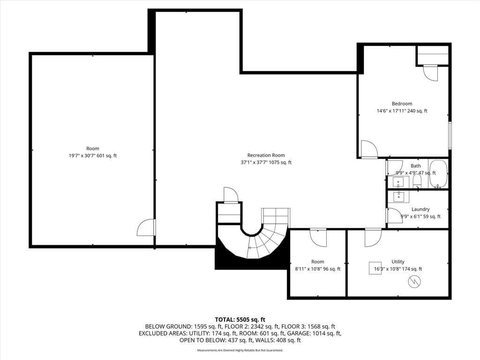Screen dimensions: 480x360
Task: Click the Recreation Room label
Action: [266, 155]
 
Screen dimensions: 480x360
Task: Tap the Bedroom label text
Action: [402, 104]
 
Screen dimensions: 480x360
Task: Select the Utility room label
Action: [398, 262]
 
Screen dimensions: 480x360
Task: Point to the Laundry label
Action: [420, 209]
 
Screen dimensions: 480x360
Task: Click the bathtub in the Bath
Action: [438, 173]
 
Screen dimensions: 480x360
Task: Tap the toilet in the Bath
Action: [417, 181]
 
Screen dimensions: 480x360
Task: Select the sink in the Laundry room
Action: [398, 196]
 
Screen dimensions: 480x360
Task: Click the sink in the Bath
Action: [398, 182]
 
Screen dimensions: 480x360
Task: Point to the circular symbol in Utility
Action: [414, 282]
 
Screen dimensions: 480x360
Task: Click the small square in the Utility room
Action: [375, 268]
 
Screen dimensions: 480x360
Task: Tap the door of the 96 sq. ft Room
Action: [318, 238]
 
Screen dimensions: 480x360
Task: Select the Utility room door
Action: [373, 238]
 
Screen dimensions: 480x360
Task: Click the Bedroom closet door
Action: [430, 73]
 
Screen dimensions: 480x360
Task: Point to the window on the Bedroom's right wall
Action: [450, 135]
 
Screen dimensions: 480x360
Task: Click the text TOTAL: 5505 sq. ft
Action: [240, 320]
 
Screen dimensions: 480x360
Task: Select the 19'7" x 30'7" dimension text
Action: [82, 156]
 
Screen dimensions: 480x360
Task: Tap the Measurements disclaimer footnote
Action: [240, 350]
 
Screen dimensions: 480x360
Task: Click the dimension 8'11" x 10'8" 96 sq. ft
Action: [317, 269]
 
